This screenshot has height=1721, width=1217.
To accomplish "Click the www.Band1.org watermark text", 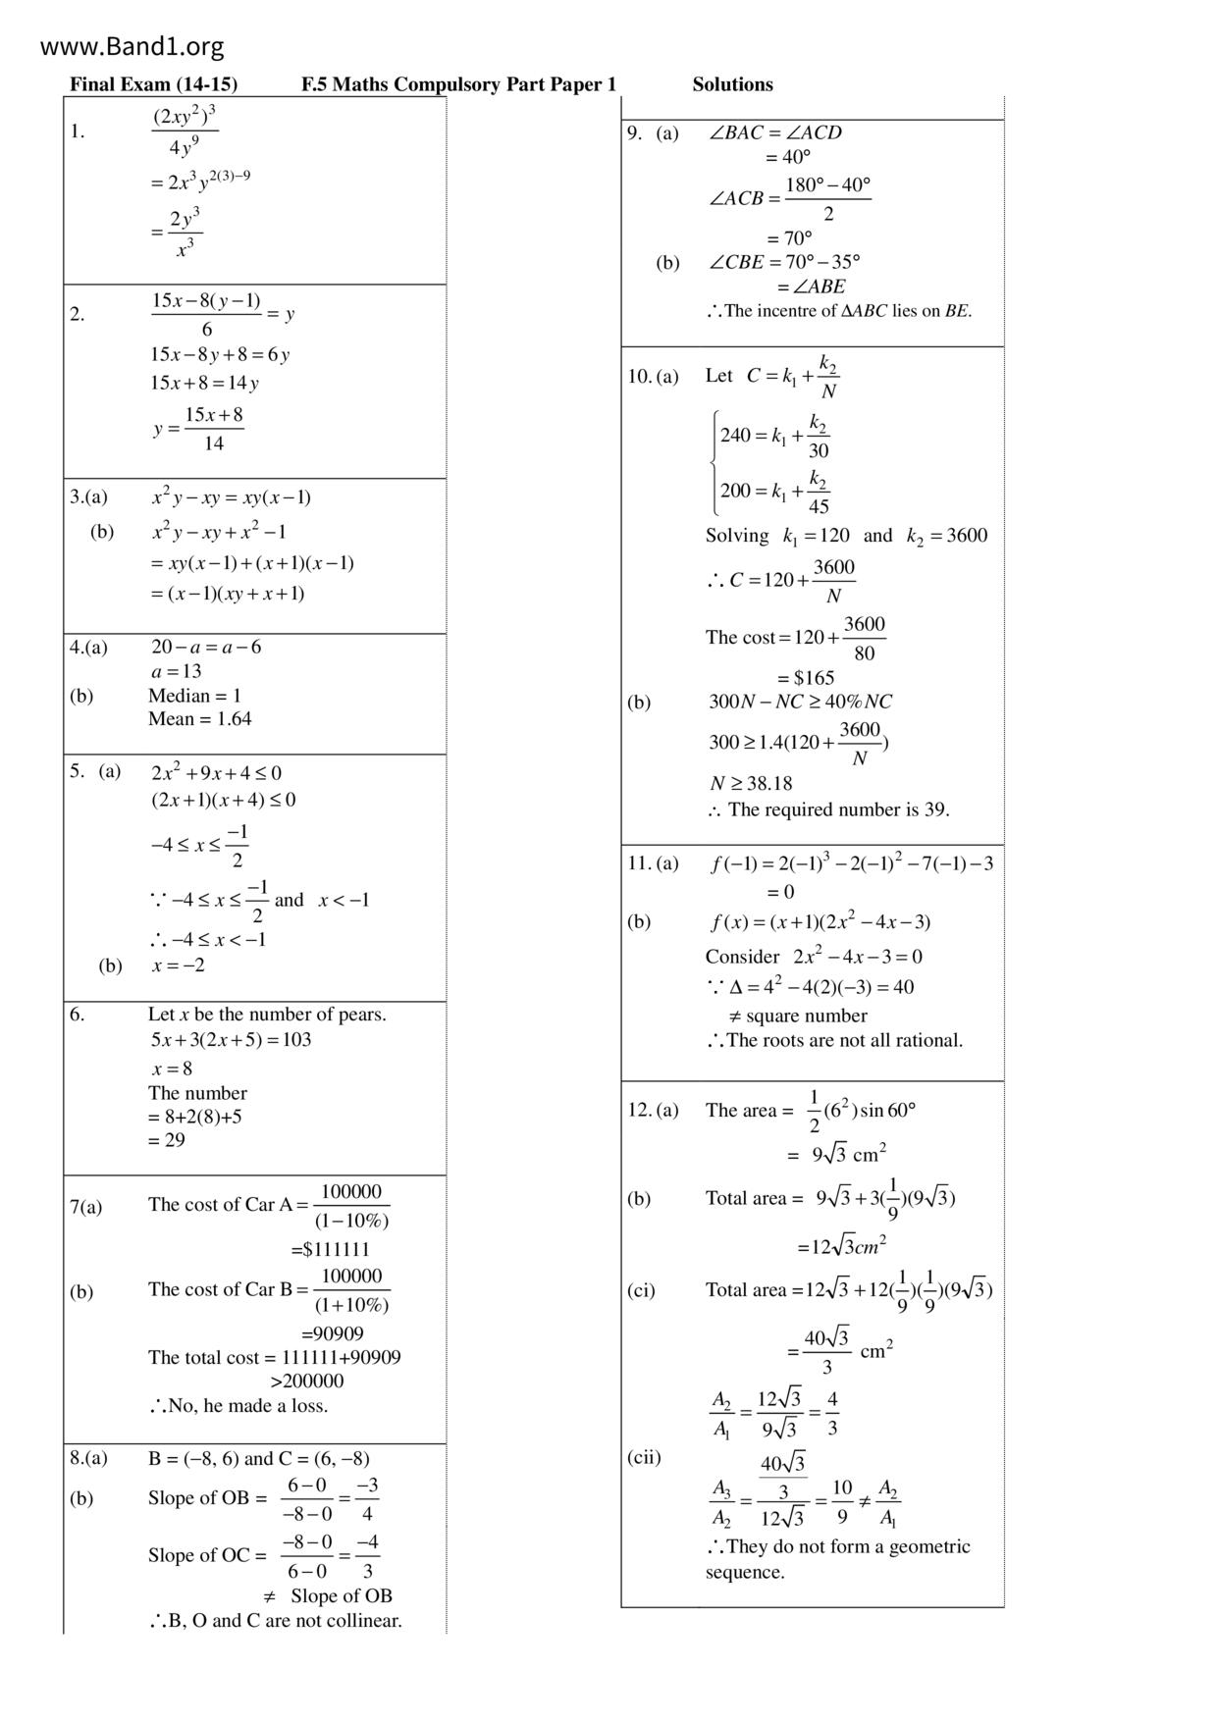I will (132, 46).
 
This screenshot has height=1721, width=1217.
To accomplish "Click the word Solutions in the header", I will (732, 84).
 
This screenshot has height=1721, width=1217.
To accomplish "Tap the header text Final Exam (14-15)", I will (153, 84).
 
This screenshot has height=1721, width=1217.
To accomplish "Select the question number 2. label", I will (78, 314).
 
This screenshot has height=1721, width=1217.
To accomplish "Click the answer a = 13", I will (177, 671).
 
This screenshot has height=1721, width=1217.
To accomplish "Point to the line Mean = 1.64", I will (199, 718).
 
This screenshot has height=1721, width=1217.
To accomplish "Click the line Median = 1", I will (194, 696).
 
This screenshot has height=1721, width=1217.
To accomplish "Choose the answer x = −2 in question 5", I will (179, 965).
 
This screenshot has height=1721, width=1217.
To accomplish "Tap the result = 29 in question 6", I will (166, 1139).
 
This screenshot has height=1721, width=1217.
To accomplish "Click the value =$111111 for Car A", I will (330, 1249).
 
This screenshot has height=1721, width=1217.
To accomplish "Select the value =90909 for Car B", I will (332, 1333).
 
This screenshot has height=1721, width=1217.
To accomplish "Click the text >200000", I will (306, 1381).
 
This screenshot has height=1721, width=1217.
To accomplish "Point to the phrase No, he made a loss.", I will (239, 1405).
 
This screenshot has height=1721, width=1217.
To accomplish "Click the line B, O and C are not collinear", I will (276, 1620).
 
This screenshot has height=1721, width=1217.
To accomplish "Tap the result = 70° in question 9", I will (789, 237).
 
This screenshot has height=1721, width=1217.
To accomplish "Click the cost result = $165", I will (806, 677).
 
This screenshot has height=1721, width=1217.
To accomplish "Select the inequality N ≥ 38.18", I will (751, 783).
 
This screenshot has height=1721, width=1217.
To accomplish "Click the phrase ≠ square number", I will (798, 1016).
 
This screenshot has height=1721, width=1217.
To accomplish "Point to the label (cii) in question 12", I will (644, 1456).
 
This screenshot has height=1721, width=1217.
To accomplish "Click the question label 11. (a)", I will (653, 863).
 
